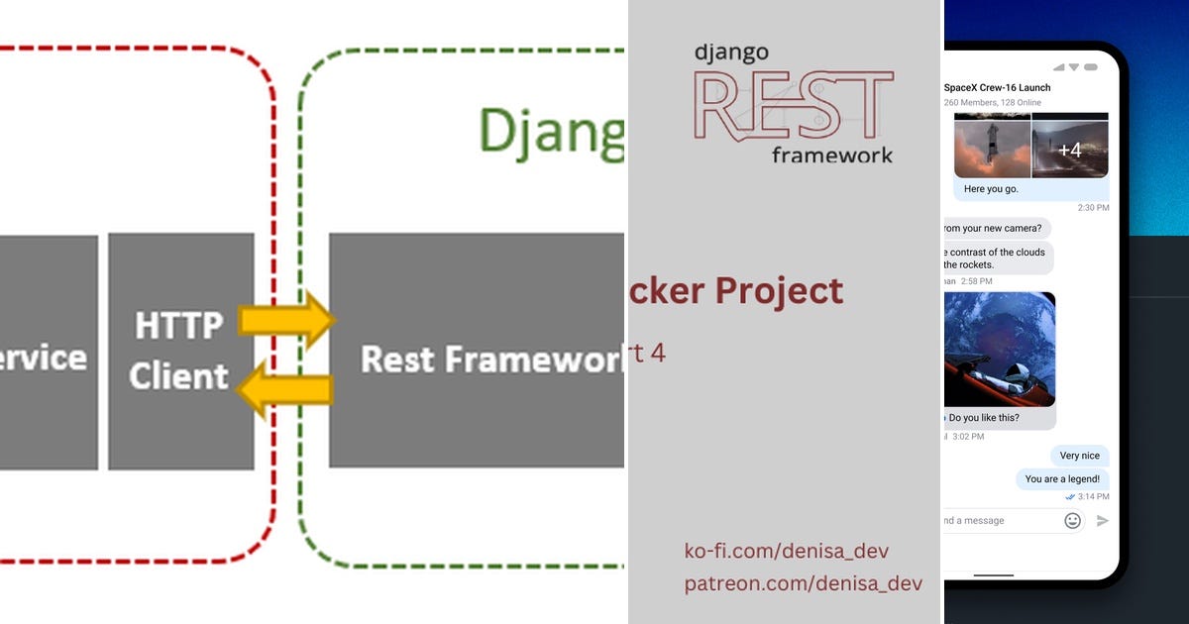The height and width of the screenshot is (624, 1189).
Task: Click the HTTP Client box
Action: (x=180, y=351)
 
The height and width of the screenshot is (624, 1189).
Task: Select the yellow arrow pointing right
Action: (x=287, y=320)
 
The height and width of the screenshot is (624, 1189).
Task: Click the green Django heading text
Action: (x=551, y=130)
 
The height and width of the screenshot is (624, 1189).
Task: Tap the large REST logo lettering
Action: (x=793, y=105)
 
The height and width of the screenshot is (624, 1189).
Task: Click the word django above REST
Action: (x=730, y=52)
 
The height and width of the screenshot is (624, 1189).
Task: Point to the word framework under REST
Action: (x=831, y=155)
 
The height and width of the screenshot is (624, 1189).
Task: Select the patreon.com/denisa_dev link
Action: (x=803, y=583)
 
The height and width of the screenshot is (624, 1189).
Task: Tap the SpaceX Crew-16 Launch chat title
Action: (x=997, y=87)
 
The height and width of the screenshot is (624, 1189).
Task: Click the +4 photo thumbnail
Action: (x=1069, y=150)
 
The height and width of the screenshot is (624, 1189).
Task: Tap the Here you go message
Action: (x=990, y=188)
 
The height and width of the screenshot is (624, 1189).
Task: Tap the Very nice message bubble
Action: (x=1079, y=456)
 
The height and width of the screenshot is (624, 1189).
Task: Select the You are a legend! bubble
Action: (x=1061, y=479)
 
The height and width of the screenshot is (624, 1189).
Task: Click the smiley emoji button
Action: (x=1072, y=520)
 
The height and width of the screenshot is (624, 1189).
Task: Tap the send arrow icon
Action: (x=1103, y=520)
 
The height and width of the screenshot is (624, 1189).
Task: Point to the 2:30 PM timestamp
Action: (x=1093, y=208)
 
